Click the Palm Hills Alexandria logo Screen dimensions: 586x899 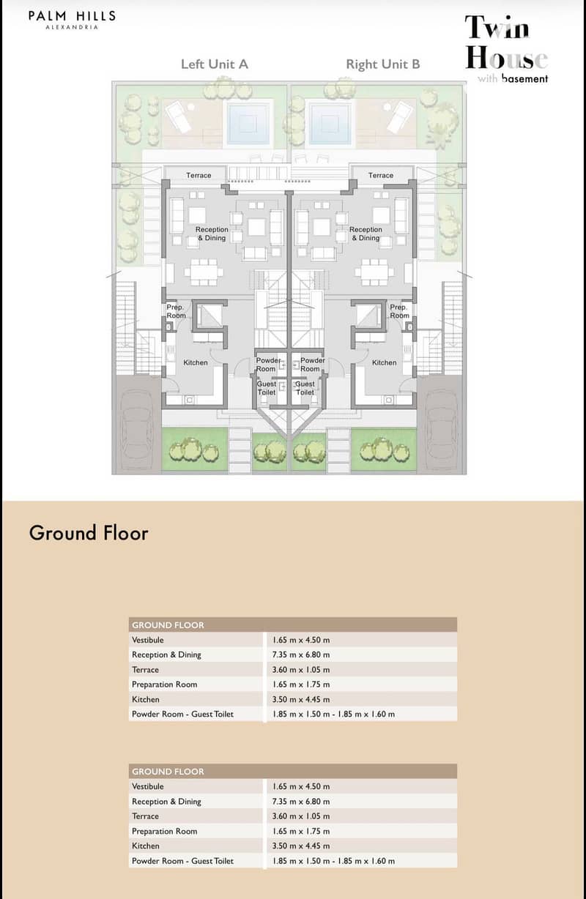tap(72, 20)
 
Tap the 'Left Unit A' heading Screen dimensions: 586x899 tap(215, 64)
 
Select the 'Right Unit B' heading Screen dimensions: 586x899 tap(383, 64)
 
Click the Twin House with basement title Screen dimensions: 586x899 tap(506, 48)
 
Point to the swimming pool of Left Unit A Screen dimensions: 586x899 tap(248, 122)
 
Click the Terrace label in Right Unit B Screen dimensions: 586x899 tap(381, 176)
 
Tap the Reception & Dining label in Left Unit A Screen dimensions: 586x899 tap(212, 234)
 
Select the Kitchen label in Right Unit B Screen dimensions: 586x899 tap(384, 362)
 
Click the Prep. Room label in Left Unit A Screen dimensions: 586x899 tap(176, 311)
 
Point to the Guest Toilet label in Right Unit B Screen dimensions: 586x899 tap(305, 388)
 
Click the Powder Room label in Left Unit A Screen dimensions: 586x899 tap(268, 365)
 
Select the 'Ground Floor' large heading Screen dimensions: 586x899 tap(89, 533)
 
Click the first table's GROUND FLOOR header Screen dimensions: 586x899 tap(168, 625)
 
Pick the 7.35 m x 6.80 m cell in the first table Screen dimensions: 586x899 tap(301, 654)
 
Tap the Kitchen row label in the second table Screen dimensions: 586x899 tap(145, 846)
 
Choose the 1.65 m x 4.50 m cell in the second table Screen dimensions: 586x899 tap(301, 786)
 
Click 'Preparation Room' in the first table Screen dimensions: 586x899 tap(164, 684)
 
